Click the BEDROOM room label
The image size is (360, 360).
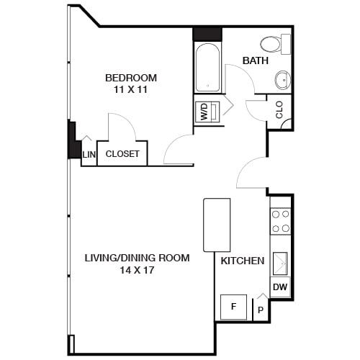pyautogui.click(x=131, y=78)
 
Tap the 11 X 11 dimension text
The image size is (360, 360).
pyautogui.click(x=131, y=90)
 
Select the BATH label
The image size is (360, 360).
pyautogui.click(x=255, y=61)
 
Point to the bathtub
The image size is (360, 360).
pyautogui.click(x=208, y=68)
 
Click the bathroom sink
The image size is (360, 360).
pyautogui.click(x=282, y=79)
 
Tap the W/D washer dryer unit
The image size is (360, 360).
pyautogui.click(x=205, y=112)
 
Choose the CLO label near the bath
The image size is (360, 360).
pyautogui.click(x=279, y=110)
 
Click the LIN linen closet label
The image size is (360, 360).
pyautogui.click(x=89, y=154)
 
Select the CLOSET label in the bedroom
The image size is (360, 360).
pyautogui.click(x=122, y=153)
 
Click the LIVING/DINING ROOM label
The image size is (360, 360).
pyautogui.click(x=137, y=258)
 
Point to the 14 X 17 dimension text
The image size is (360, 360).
pyautogui.click(x=137, y=271)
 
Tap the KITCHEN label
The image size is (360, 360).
pyautogui.click(x=242, y=261)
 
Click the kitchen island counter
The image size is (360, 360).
pyautogui.click(x=217, y=225)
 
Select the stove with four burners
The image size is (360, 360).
pyautogui.click(x=281, y=221)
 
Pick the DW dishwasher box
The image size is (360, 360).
pyautogui.click(x=281, y=288)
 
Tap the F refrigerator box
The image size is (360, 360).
pyautogui.click(x=233, y=307)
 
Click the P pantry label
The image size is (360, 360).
pyautogui.click(x=259, y=310)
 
